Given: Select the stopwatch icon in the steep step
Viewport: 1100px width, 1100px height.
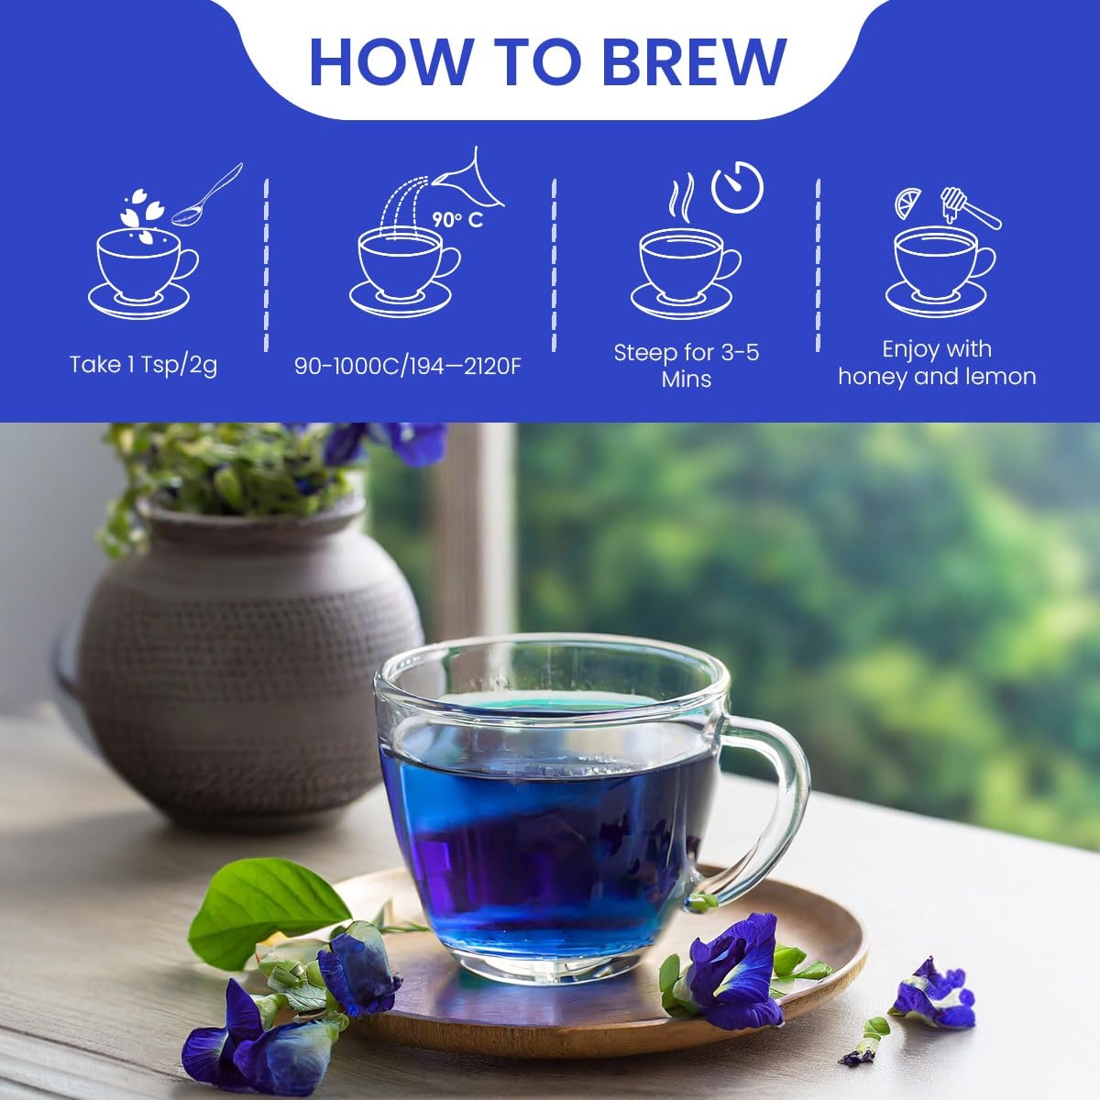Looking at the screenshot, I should (738, 187).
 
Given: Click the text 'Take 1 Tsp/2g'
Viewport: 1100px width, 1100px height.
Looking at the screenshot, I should (143, 365).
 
